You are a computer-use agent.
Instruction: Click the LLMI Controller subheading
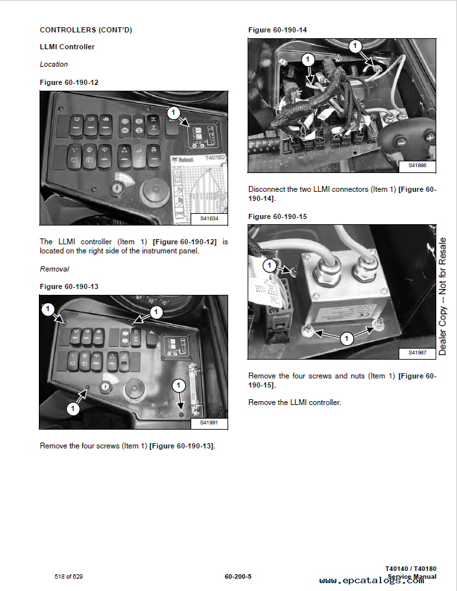pos(67,47)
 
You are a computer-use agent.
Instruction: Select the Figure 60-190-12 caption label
pos(69,82)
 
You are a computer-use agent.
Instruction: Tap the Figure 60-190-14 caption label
pos(277,30)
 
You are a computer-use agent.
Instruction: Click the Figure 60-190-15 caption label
pos(277,216)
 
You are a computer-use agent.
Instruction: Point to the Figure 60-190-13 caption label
pos(69,286)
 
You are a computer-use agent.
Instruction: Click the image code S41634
pos(209,219)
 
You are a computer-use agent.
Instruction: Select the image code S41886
pos(417,166)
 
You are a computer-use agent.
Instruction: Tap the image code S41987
pos(417,353)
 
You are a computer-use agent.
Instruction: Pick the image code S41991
pos(209,423)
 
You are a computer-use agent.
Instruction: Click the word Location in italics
pos(54,64)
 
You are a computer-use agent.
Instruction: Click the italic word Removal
pos(54,269)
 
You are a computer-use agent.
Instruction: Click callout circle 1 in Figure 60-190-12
pos(172,113)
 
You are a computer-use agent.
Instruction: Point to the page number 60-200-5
pos(238,576)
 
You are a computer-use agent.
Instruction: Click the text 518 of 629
pos(69,576)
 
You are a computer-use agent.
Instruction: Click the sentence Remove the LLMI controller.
pos(294,402)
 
